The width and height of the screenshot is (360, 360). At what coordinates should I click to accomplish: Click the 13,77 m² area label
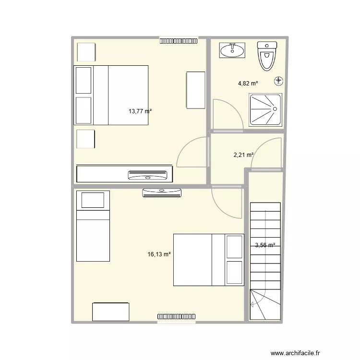tap(140, 111)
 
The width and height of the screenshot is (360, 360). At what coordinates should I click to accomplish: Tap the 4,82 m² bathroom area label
tap(248, 83)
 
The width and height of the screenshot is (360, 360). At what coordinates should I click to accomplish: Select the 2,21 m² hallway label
tap(243, 155)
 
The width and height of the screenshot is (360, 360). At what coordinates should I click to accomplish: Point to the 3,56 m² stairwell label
tap(265, 245)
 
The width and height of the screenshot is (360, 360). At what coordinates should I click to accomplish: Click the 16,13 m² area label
tap(159, 254)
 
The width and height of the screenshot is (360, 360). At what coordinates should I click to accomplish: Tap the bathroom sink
tap(232, 50)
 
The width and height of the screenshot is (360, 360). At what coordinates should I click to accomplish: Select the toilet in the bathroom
tap(267, 55)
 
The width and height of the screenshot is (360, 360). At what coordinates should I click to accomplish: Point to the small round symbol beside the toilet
tap(279, 81)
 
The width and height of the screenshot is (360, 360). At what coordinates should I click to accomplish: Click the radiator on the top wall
tap(179, 41)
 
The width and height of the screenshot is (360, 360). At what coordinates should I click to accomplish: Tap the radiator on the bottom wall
tap(176, 317)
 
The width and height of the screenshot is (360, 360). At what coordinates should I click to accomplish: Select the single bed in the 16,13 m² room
tap(93, 226)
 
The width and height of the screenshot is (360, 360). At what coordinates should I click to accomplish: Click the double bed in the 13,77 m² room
tap(111, 95)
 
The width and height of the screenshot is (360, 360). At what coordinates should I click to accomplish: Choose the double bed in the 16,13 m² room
tap(208, 260)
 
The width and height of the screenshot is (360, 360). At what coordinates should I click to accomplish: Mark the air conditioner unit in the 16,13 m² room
tap(162, 193)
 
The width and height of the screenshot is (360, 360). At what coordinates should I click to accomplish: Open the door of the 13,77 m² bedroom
tap(194, 153)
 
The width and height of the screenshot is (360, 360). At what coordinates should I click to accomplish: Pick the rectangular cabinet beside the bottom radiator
tap(111, 311)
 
